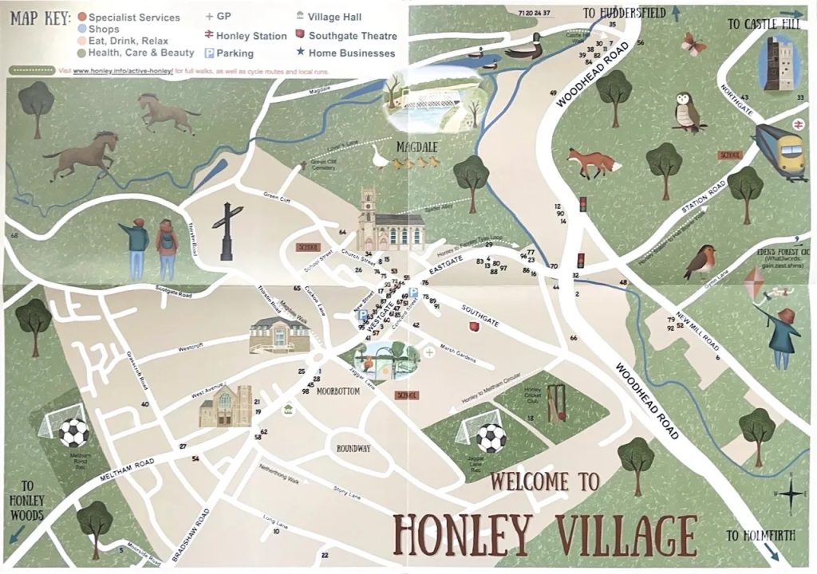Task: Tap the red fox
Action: (594, 163)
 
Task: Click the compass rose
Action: (789, 493)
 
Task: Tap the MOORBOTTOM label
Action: (341, 391)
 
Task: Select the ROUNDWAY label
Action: (353, 448)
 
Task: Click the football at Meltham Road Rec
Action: (74, 432)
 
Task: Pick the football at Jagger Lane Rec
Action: (490, 438)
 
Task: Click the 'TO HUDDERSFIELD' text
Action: (622, 13)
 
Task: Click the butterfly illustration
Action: (693, 44)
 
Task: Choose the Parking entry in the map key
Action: (229, 53)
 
